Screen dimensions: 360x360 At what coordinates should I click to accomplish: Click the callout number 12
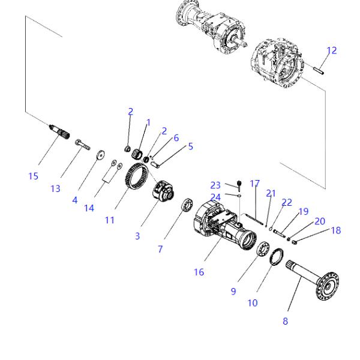click(331, 50)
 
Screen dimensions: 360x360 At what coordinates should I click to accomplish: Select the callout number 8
click(285, 320)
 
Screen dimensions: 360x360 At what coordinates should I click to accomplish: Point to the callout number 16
click(199, 272)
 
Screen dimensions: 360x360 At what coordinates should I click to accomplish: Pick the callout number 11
click(109, 220)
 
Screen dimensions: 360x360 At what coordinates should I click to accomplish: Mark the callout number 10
click(253, 303)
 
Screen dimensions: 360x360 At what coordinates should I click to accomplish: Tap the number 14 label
click(89, 208)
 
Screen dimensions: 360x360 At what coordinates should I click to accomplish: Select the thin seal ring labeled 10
click(277, 257)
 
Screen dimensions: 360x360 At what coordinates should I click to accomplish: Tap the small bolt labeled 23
click(238, 184)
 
